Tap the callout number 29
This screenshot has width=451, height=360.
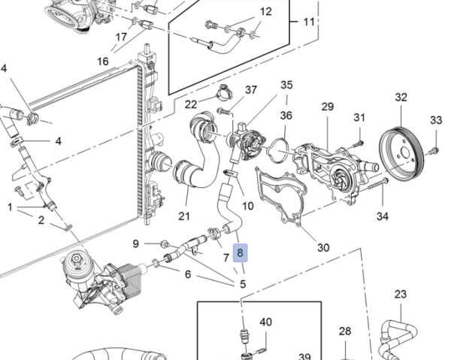click(327, 107)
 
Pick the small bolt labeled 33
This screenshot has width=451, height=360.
click(431, 152)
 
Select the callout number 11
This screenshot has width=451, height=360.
click(309, 21)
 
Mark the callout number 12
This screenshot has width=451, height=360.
click(266, 11)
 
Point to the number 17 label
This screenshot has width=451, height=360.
click(121, 37)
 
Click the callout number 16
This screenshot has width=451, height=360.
click(102, 60)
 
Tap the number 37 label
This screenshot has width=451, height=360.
click(250, 90)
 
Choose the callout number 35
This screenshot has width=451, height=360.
click(286, 85)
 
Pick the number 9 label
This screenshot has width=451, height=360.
click(136, 243)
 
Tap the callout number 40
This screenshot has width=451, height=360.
click(265, 322)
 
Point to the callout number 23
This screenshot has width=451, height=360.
click(400, 294)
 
